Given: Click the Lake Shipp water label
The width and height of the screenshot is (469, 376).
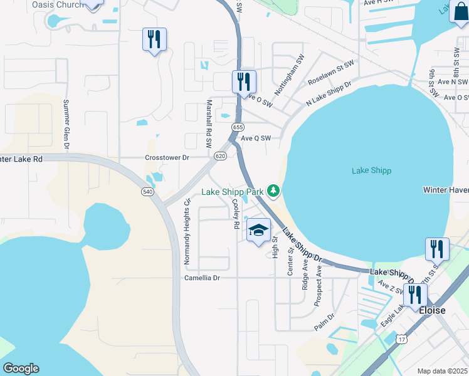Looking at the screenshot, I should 371,170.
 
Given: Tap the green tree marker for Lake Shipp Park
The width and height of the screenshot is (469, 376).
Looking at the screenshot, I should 273,191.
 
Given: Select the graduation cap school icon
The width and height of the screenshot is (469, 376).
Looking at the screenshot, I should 258,231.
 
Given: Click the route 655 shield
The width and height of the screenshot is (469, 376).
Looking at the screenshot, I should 237,127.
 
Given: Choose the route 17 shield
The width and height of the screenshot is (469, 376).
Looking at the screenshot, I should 401,339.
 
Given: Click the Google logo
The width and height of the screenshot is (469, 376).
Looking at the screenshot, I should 21,368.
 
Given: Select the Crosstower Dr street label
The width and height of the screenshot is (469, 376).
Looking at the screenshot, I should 167,158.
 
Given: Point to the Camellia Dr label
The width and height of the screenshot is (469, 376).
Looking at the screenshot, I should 202,278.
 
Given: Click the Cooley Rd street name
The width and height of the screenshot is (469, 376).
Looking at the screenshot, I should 236,214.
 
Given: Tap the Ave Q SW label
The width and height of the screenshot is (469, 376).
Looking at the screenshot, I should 255,138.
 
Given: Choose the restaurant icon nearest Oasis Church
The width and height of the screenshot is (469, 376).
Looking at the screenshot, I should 154,40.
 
